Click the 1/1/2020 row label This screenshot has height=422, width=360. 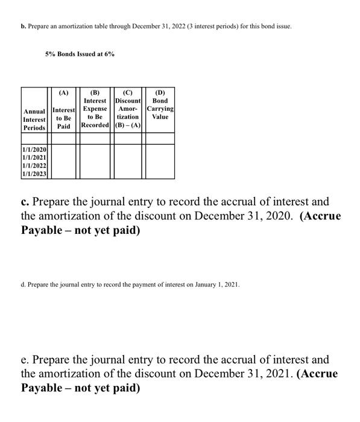(36, 149)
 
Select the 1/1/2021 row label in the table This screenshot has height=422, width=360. (36, 157)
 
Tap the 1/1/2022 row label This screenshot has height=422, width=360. (36, 165)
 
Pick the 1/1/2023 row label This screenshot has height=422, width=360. (36, 174)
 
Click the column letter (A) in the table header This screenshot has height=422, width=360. (63, 92)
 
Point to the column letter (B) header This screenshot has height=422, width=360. (95, 92)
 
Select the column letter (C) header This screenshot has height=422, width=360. (127, 92)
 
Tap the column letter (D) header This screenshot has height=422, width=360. (160, 92)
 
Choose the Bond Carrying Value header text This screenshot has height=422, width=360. (160, 109)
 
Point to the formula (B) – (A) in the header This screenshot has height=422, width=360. (127, 125)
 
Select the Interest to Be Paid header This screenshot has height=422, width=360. (63, 118)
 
